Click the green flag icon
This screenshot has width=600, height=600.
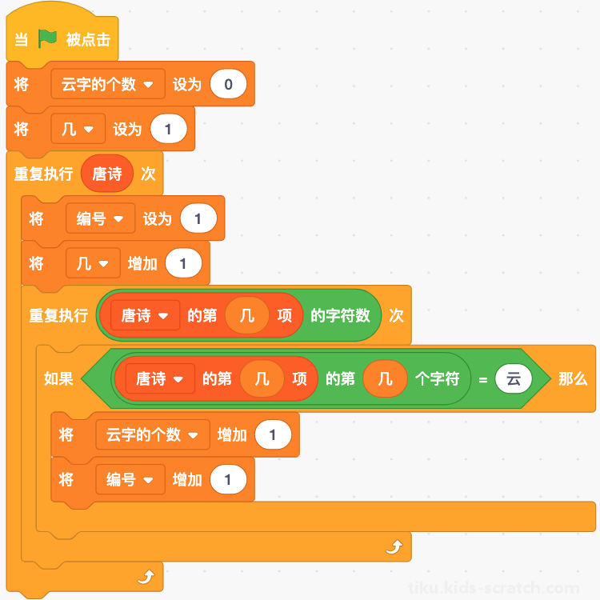coord(47,39)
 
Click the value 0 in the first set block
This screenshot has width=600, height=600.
coord(228,84)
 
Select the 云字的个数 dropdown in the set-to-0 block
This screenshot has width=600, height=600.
coord(108,84)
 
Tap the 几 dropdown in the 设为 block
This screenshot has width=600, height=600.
coord(78,129)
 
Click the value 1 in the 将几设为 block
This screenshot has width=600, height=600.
coord(168,129)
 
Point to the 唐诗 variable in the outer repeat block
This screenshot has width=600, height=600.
coord(107,174)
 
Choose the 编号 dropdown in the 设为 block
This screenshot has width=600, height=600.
coord(100,218)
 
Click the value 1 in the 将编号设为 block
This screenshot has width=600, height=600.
coord(198,218)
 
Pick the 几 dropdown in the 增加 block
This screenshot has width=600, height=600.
coord(93,263)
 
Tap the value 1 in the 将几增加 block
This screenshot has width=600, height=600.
coord(183,263)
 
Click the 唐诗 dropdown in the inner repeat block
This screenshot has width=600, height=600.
coord(145,315)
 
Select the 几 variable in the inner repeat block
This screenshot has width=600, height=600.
coord(247,315)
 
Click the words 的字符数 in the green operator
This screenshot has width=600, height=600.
coord(340,315)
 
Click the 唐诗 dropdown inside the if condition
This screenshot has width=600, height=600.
coord(160,379)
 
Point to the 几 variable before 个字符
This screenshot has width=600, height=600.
coord(385,379)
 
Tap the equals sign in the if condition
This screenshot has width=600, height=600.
coord(483,379)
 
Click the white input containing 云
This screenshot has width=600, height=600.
coord(513,379)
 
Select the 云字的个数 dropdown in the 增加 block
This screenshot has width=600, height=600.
coord(153,434)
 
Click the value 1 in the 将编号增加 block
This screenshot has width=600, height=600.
coord(228,479)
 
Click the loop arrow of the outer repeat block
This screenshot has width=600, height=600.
coord(146,577)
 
